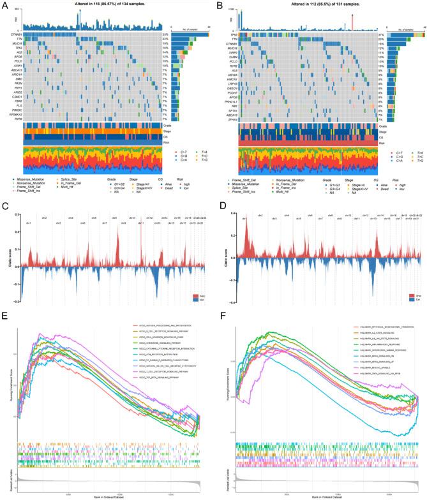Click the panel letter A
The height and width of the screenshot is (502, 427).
(4, 5)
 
